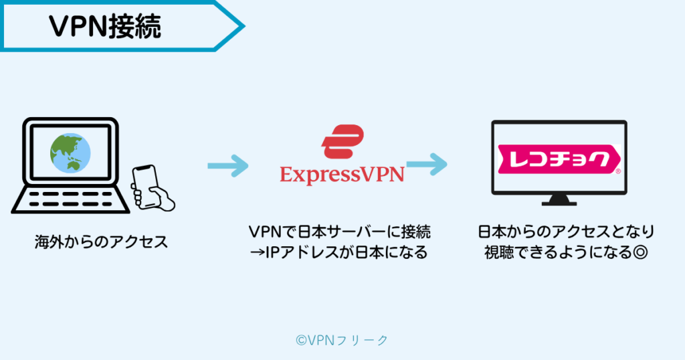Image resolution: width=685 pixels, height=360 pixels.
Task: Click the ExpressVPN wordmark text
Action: (x=342, y=175)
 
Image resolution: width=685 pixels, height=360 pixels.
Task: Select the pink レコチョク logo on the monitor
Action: (x=559, y=160)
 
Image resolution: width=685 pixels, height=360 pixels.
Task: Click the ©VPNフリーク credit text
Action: (x=342, y=340)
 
